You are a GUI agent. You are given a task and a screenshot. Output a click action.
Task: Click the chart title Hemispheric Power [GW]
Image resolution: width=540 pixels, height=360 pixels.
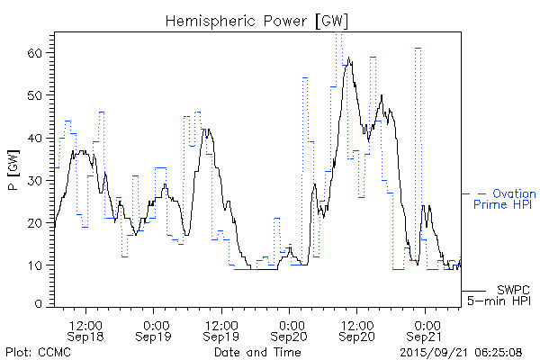256,20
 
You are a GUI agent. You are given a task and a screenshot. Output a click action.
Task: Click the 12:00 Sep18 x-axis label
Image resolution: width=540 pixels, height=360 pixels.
86,329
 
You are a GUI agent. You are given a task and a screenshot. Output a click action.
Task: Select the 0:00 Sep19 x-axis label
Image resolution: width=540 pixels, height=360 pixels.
154,329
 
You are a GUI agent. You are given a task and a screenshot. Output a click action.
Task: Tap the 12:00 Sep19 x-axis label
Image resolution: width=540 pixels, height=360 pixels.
221,329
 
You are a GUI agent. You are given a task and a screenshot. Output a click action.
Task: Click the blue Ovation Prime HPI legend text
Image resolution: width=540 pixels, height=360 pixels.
504,199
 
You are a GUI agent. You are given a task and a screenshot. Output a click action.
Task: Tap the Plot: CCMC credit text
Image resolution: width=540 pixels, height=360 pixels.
35,351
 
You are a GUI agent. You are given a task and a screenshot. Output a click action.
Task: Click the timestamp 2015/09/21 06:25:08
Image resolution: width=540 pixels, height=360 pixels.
460,351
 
